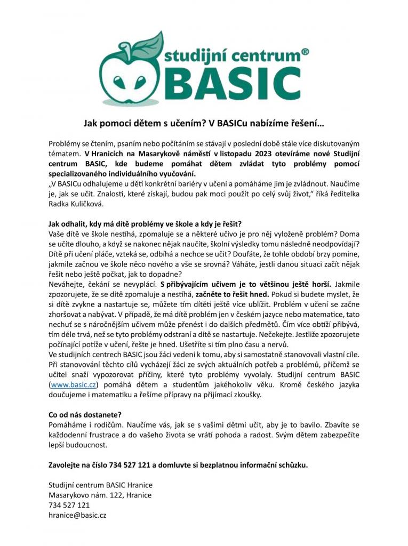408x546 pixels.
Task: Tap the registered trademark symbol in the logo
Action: coord(305,52)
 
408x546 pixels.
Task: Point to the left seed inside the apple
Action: coord(117,82)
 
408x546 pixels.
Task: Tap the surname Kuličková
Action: coord(83,204)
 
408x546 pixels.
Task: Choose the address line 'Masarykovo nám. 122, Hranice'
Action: coord(100,495)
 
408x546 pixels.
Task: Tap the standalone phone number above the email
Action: coord(69,505)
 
